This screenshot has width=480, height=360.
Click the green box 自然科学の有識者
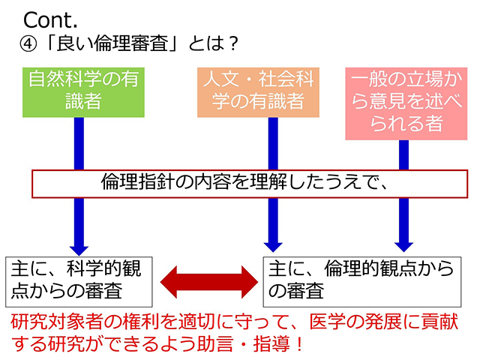tap(83, 91)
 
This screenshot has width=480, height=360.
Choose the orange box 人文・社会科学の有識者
tap(257, 91)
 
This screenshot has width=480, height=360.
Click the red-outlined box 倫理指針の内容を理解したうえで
tap(244, 182)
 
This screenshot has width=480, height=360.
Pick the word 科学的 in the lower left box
tap(83, 268)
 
